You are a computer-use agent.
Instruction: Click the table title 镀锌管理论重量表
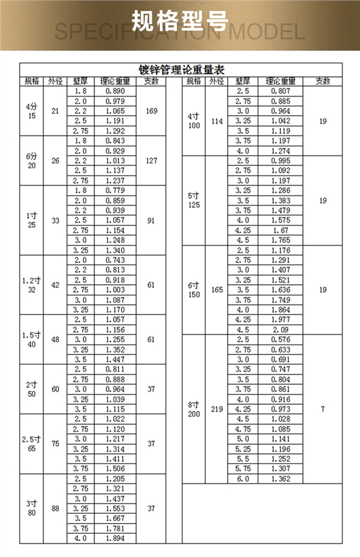[x=180, y=70]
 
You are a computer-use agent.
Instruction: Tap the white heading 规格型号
[x=180, y=21]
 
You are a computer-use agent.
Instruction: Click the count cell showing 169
[x=151, y=111]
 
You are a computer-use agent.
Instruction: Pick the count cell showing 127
[x=151, y=160]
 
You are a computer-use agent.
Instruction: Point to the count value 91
[x=151, y=220]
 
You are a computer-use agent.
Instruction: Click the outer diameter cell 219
[x=217, y=408]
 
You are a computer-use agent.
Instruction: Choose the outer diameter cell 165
[x=217, y=290]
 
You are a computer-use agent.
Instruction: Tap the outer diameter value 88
[x=55, y=508]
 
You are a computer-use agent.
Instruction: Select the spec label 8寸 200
[x=194, y=409]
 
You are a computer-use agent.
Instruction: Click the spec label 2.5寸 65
[x=32, y=443]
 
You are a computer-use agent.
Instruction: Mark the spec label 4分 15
[x=32, y=111]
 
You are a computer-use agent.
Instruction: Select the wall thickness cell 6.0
[x=243, y=479]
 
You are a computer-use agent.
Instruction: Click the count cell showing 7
[x=323, y=408]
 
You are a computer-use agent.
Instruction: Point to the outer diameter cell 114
[x=217, y=121]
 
